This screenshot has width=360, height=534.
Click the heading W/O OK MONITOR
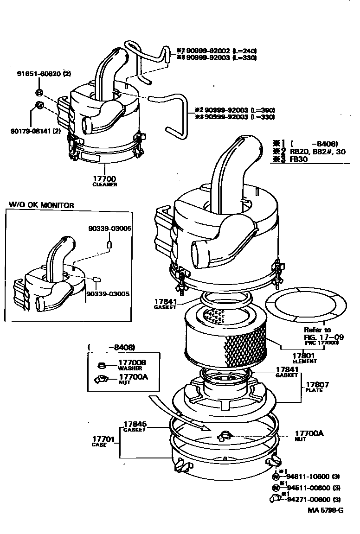41,205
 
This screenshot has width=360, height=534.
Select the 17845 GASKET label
135,426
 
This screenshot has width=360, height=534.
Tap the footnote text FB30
300,159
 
